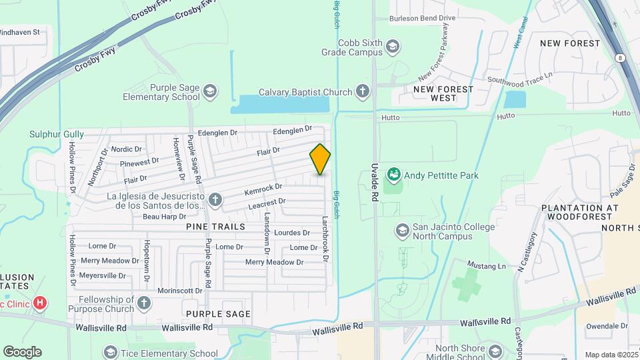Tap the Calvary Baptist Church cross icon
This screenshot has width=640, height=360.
tap(362, 91)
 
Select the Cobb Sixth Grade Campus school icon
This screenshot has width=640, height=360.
tap(393, 46)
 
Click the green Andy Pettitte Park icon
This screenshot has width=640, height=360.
tap(393, 175)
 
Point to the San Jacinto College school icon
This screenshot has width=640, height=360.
tap(402, 231)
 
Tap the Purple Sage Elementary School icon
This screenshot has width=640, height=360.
tap(210, 91)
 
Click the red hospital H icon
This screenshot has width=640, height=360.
tap(40, 304)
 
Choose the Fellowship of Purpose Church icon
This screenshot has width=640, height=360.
tap(144, 304)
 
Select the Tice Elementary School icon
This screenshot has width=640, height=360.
tap(111, 351)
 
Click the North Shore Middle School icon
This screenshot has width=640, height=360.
tap(495, 351)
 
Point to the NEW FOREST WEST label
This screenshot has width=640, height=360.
tap(443, 93)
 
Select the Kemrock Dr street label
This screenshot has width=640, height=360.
tap(263, 189)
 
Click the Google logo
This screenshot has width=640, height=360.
tap(22, 351)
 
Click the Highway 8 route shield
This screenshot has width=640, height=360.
tap(620, 57)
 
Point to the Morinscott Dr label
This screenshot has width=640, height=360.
tap(180, 291)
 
